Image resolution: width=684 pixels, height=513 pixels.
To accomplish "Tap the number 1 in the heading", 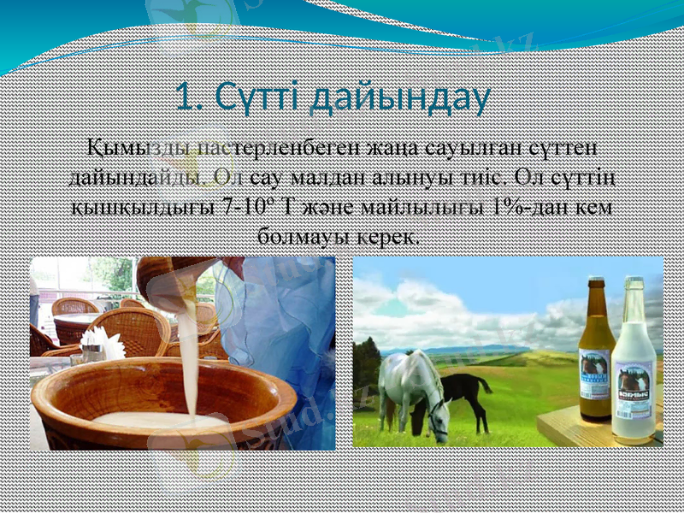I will [187, 97].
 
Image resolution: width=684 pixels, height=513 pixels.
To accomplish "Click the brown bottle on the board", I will [596, 351].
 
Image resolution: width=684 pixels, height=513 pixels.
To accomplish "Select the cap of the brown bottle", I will [596, 282].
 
